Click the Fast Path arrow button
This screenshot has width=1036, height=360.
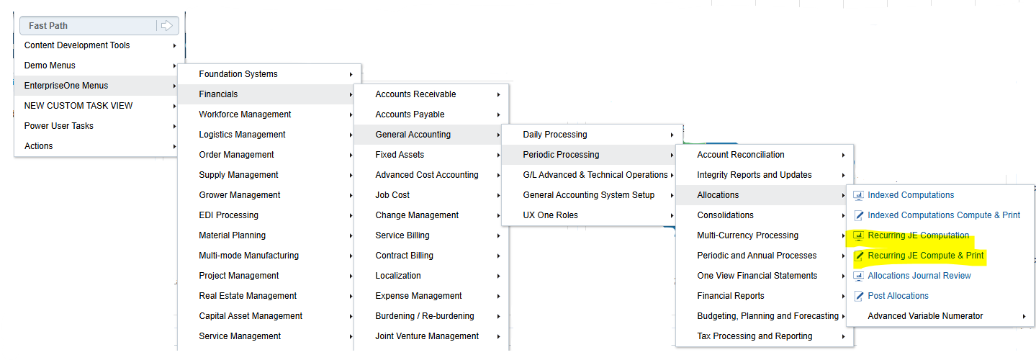click(x=166, y=25)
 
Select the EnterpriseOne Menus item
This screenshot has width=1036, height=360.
click(x=66, y=86)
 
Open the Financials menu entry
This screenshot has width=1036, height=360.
click(x=218, y=94)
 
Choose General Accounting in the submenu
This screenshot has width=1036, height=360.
click(x=413, y=135)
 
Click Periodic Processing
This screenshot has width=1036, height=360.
click(x=561, y=155)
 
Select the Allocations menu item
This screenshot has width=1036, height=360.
click(x=718, y=195)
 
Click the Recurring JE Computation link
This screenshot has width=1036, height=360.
click(x=918, y=235)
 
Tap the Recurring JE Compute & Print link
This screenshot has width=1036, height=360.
click(x=925, y=256)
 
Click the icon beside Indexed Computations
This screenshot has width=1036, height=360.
click(x=858, y=195)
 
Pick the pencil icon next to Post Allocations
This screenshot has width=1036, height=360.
click(x=858, y=296)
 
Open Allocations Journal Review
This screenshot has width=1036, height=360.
click(x=919, y=276)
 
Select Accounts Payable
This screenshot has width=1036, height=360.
click(x=410, y=114)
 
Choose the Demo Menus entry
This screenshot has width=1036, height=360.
click(x=50, y=66)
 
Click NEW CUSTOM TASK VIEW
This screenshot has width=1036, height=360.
click(x=78, y=106)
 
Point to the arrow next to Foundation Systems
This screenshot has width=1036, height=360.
click(x=351, y=74)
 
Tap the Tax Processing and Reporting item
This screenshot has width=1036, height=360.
click(x=755, y=336)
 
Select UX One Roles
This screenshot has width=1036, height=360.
click(x=550, y=215)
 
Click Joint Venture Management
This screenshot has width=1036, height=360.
click(x=427, y=336)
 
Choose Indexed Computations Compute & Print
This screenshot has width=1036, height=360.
click(x=944, y=215)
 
